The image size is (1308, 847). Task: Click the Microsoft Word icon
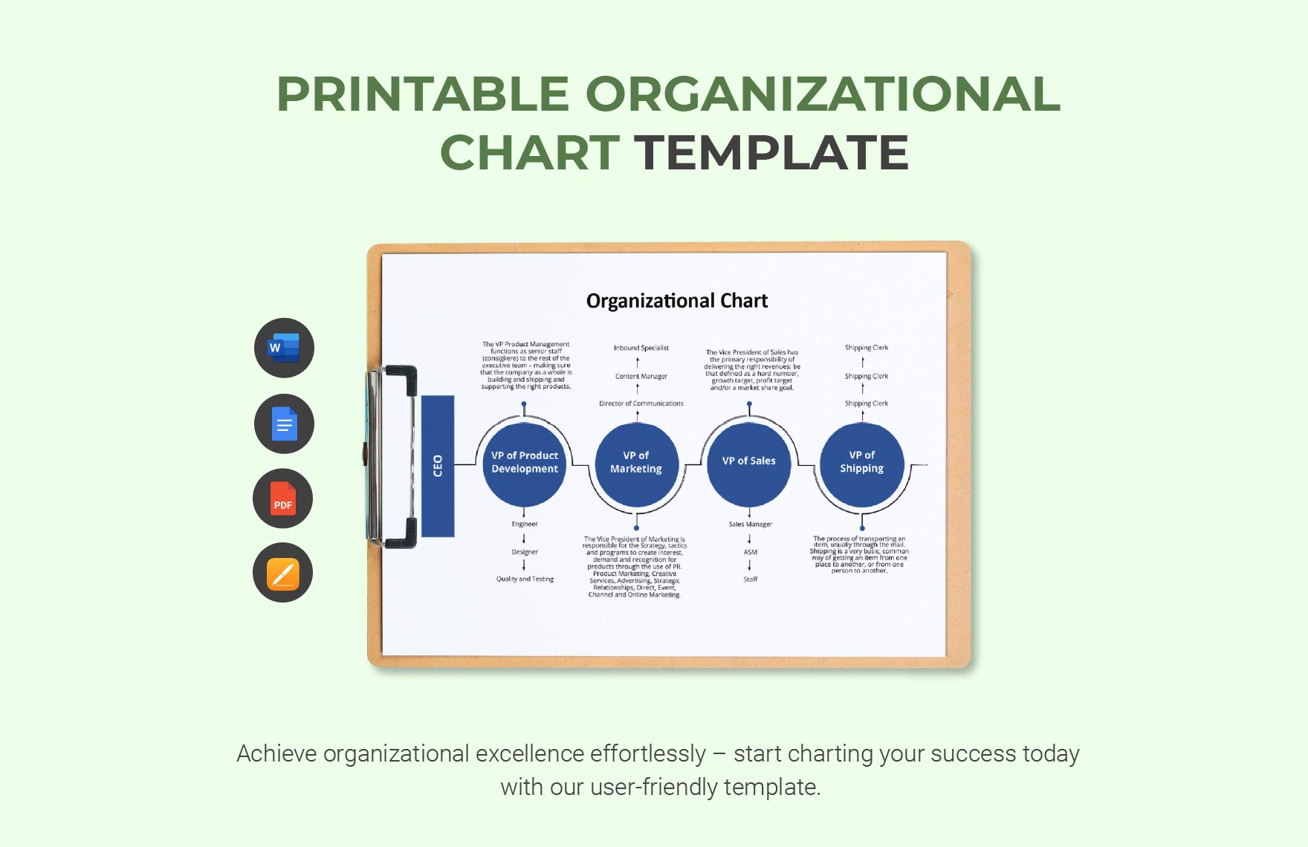point(284,348)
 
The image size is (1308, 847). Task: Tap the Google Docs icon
point(284,424)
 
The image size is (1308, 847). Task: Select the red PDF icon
point(282,499)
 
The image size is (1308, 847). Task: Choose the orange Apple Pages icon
point(282,573)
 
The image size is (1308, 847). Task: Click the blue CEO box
point(438,466)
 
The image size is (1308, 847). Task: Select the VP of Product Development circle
point(525,463)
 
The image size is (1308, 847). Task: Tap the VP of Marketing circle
point(636,463)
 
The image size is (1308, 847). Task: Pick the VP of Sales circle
point(749,461)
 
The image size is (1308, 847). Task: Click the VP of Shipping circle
point(862,462)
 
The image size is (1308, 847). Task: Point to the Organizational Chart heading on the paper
point(677,301)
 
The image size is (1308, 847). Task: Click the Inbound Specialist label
point(641,348)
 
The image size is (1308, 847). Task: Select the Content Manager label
point(641,377)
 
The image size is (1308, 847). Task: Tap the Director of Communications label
point(641,404)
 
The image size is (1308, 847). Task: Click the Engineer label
point(525,525)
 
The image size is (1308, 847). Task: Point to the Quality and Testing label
point(525,580)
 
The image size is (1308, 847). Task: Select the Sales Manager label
point(751,525)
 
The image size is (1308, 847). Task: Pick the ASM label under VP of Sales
point(751,553)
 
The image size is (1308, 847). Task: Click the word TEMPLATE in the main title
point(771,153)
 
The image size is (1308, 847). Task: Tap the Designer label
point(525,552)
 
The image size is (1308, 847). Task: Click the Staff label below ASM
point(751,580)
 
